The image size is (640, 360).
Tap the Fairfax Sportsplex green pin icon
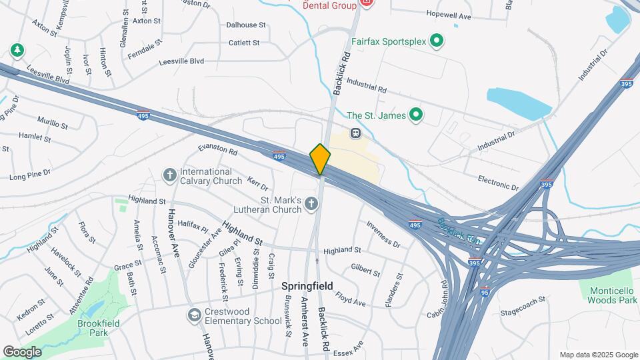tap(437, 41)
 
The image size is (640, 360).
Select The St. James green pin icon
tap(416, 115)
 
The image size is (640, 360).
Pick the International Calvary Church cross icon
tap(170, 175)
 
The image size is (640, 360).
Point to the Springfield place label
tap(307, 285)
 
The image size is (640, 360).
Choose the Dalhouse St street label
tap(246, 25)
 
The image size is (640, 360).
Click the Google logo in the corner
tap(22, 351)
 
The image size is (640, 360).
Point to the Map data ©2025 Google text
tap(598, 355)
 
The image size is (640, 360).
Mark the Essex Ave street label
tap(349, 348)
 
